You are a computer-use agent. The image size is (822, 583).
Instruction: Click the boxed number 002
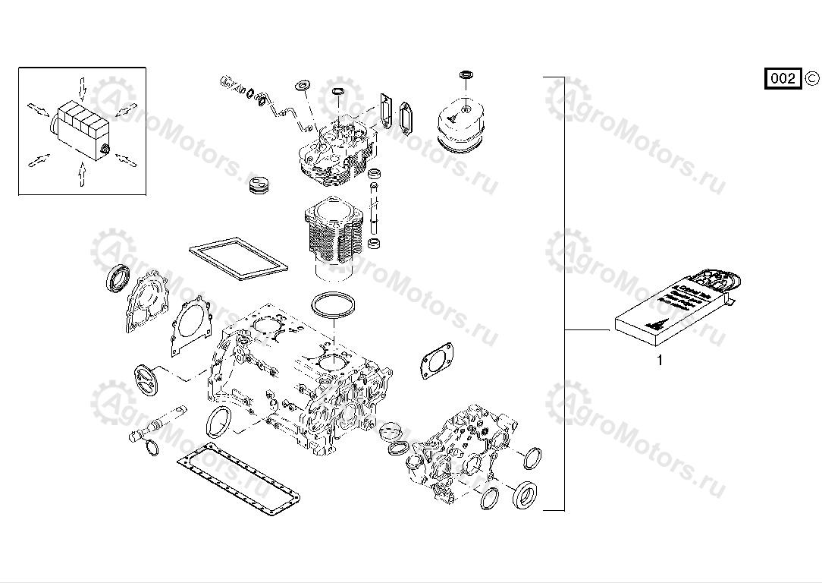click(783, 78)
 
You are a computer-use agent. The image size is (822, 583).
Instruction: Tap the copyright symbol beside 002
click(811, 77)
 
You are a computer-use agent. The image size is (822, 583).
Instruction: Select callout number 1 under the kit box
click(659, 361)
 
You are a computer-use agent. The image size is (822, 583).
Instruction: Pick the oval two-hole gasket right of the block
click(437, 359)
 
